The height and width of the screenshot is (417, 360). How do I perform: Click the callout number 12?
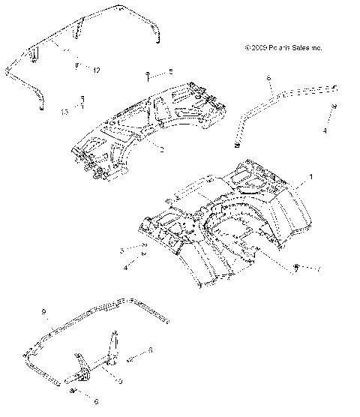pos(97,70)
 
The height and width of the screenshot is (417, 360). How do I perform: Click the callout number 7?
pos(320,268)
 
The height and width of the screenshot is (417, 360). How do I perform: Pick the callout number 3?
pos(121,250)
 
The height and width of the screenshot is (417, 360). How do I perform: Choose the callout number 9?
pos(44,310)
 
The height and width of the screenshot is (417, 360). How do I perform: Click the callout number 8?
pos(268,78)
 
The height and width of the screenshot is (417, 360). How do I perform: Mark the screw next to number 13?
pos(83,99)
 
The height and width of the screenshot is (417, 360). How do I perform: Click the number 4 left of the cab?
pos(125,266)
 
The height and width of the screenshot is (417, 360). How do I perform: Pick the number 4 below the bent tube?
pos(325,130)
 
